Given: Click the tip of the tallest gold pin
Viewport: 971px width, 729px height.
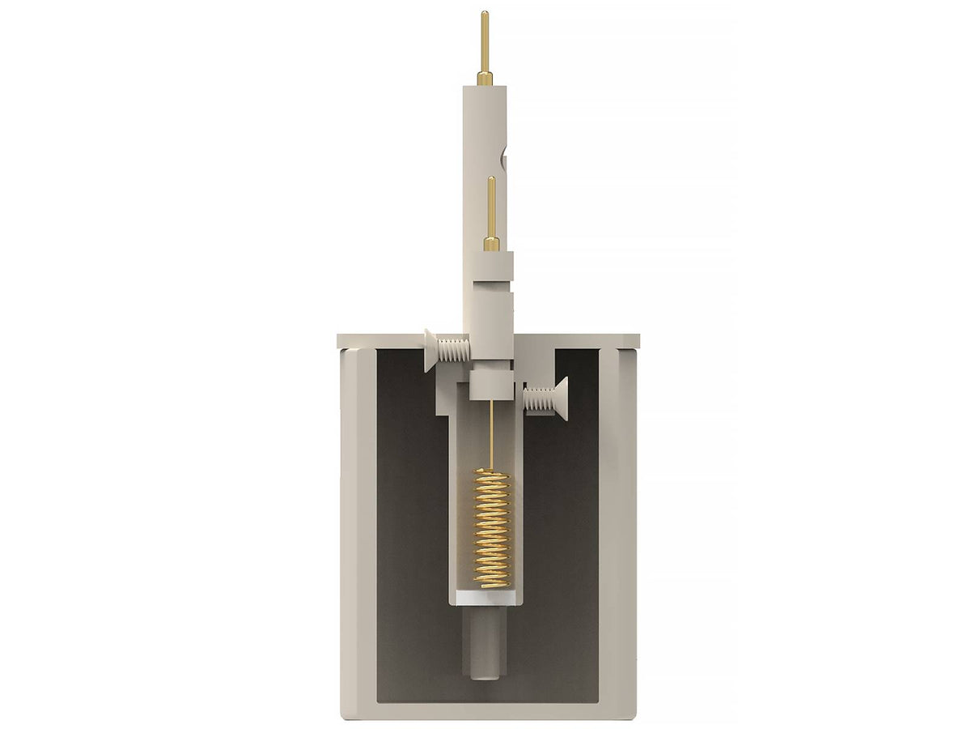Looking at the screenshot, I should point(484,14).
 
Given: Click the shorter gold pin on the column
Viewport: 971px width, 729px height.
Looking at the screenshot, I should point(491,207).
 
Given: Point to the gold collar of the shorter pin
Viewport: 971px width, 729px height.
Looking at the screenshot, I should point(491,244).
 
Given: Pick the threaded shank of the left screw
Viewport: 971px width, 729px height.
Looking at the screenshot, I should point(455,349).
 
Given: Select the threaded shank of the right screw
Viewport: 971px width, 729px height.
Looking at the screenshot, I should point(536,399).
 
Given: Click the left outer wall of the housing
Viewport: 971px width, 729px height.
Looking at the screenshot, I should point(356,526).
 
